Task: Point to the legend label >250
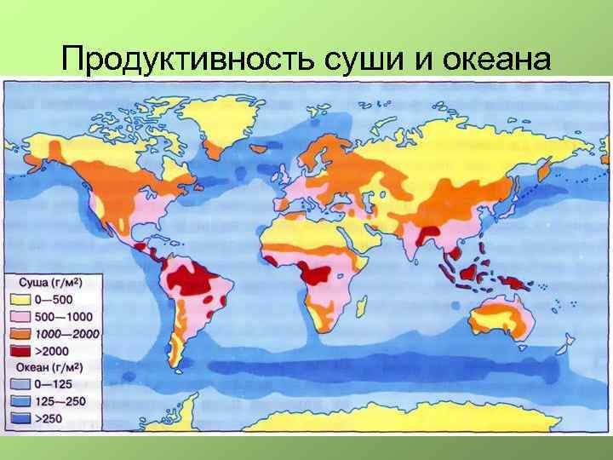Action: (x=48, y=417)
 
